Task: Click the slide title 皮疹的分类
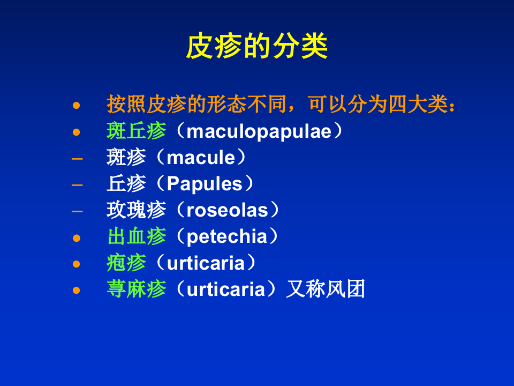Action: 256,47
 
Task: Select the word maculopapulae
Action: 259,131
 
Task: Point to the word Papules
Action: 205,184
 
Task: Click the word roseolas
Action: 227,210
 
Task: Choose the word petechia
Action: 226,236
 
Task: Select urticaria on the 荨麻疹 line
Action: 225,289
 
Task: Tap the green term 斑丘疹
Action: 136,131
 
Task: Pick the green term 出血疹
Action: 136,236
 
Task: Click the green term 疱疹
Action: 126,263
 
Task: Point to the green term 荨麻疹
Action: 136,289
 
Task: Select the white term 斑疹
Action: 126,158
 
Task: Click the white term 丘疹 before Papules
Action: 126,184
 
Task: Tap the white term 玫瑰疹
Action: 136,210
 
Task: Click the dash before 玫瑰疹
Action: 77,211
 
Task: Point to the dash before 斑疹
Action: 77,158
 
